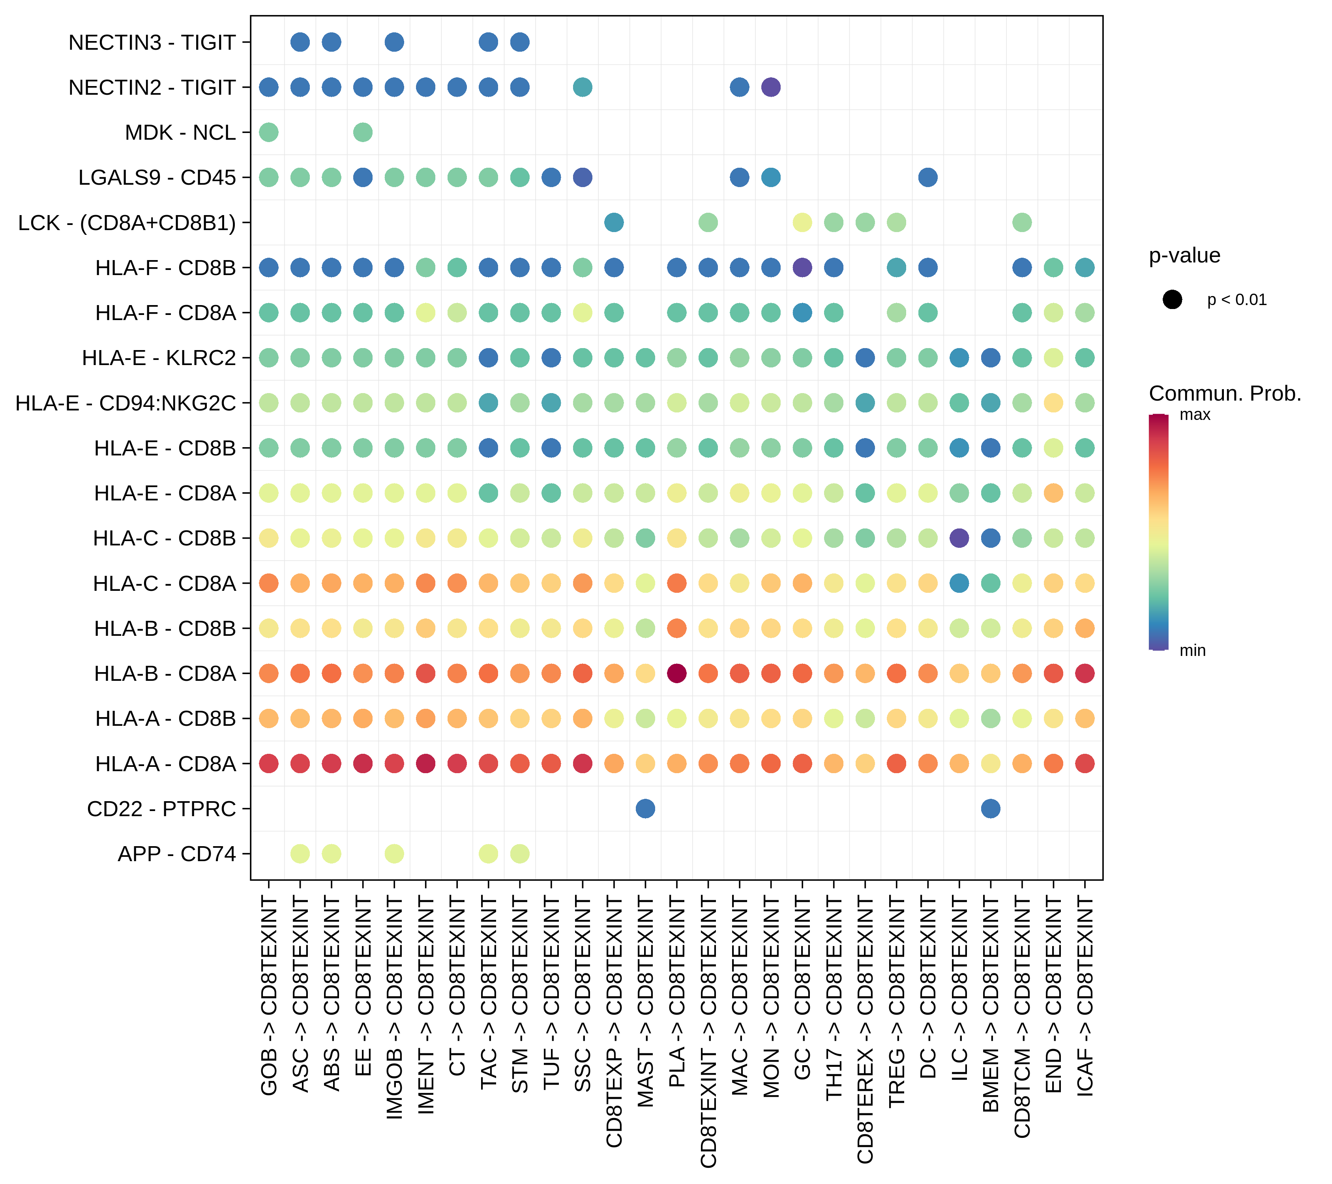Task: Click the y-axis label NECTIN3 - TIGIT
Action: (x=152, y=42)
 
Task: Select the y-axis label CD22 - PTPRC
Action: (x=161, y=809)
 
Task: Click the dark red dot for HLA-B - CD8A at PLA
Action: (x=677, y=673)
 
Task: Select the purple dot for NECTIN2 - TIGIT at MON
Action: (x=771, y=87)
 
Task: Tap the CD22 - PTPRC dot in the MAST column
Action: (x=645, y=809)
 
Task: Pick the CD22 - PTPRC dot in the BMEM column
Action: (x=991, y=809)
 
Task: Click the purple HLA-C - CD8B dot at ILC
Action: (x=959, y=538)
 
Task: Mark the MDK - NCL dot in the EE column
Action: (x=363, y=132)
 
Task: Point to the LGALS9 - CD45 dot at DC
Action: (x=928, y=177)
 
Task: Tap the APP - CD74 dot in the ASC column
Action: (x=300, y=854)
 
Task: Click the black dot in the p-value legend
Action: (x=1172, y=300)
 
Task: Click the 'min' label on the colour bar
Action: (x=1193, y=650)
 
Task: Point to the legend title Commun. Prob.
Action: (x=1225, y=393)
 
